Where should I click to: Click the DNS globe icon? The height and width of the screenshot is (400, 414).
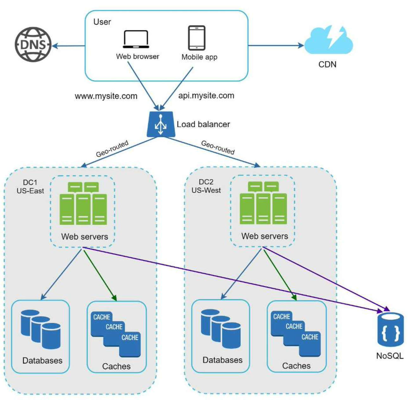33,44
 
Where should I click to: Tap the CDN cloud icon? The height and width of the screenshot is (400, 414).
328,40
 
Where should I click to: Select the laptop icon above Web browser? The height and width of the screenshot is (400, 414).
136,39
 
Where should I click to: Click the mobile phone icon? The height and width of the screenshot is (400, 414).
197,38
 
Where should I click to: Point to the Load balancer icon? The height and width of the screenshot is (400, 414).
161,124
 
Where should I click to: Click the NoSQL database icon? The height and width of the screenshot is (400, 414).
390,329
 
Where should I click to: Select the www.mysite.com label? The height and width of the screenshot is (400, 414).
106,96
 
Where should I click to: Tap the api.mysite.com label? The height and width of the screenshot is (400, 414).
206,96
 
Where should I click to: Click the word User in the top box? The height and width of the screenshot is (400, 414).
102,22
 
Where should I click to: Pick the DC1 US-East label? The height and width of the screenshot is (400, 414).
30,186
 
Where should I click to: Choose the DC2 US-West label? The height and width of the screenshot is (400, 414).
206,186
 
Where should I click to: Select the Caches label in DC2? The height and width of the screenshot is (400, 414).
296,366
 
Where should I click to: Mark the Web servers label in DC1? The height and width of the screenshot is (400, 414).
85,237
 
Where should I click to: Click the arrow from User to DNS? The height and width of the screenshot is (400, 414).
68,46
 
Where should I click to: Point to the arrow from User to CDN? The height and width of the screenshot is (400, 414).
276,45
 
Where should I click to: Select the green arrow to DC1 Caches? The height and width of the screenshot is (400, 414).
100,276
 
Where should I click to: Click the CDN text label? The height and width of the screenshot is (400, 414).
327,65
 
